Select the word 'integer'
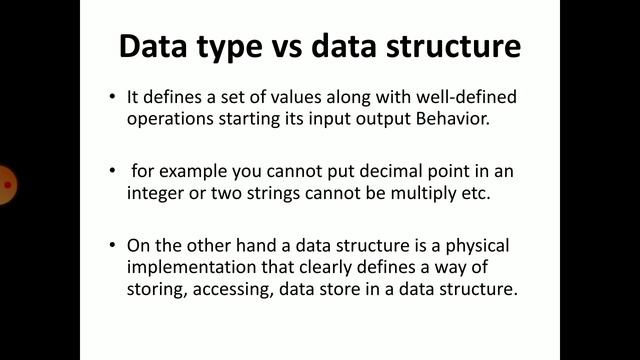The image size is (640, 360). (156, 194)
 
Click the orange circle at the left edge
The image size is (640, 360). (8, 184)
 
